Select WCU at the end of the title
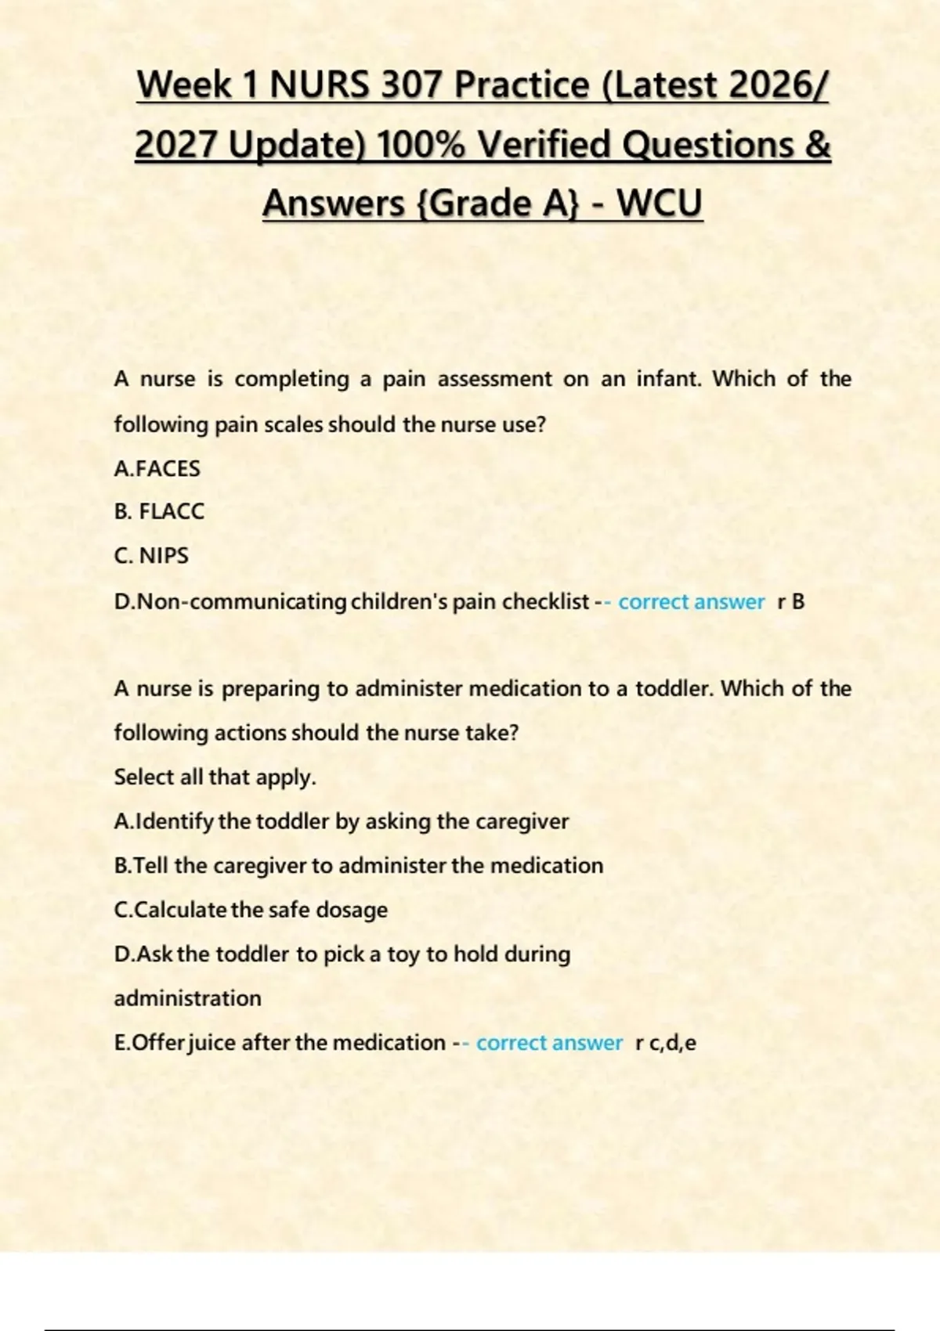point(659,203)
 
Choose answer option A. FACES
point(157,468)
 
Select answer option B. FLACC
point(159,511)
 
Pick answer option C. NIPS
point(151,555)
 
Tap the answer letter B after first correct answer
point(798,601)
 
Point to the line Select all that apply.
point(215,777)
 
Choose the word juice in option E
point(212,1043)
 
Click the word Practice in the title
point(522,85)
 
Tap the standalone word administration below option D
point(188,998)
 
